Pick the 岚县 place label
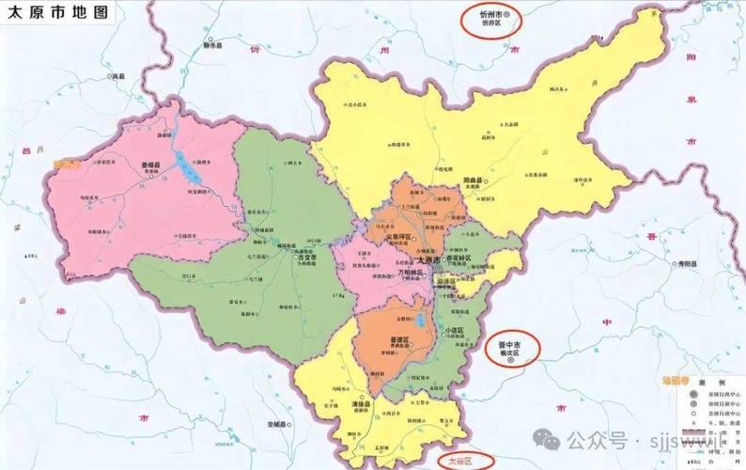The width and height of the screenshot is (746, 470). (117, 75)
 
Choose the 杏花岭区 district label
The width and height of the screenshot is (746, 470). (461, 256)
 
